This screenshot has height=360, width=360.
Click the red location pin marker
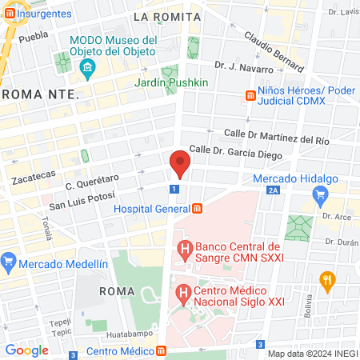(180, 163)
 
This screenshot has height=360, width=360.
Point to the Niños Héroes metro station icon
(250, 97)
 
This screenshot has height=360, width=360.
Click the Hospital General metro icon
(197, 209)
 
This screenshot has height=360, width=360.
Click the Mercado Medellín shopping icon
(10, 262)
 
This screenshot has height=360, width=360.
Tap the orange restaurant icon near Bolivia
(326, 281)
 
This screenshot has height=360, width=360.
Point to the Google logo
(26, 350)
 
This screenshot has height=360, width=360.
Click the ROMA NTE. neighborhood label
(39, 94)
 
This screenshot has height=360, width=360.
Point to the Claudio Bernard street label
(274, 50)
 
